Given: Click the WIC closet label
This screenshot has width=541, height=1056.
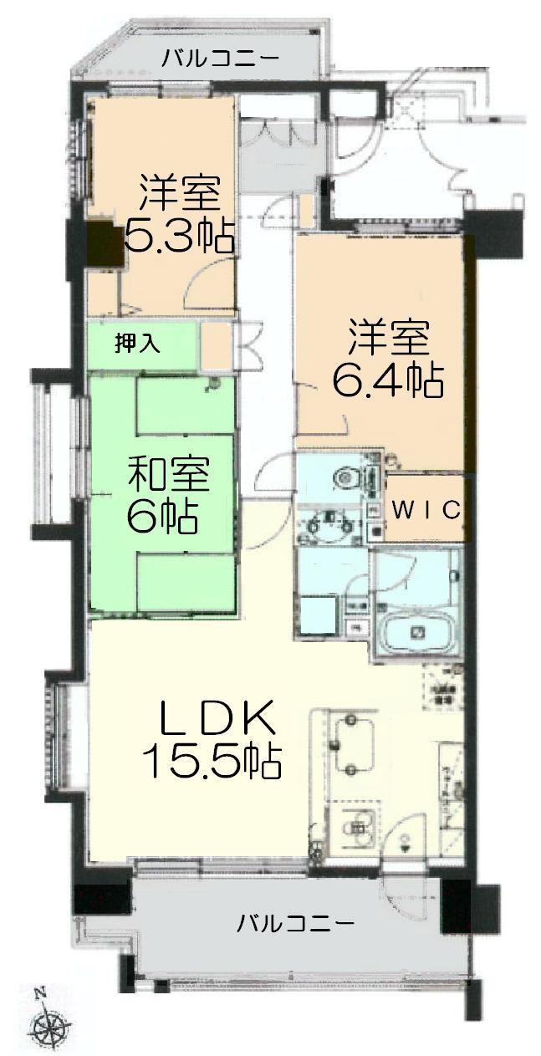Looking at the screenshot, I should click(x=426, y=509).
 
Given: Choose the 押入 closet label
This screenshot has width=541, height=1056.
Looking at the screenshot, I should click(x=132, y=343).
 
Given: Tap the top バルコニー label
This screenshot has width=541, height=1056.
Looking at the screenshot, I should click(x=221, y=59).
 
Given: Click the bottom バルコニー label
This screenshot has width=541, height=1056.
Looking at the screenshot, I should click(x=295, y=924).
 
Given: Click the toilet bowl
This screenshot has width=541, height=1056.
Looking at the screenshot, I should click(x=345, y=478).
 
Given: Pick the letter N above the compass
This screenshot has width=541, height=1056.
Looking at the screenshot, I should click(x=39, y=992).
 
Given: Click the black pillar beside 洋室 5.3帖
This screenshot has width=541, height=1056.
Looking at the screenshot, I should click(x=104, y=244).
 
